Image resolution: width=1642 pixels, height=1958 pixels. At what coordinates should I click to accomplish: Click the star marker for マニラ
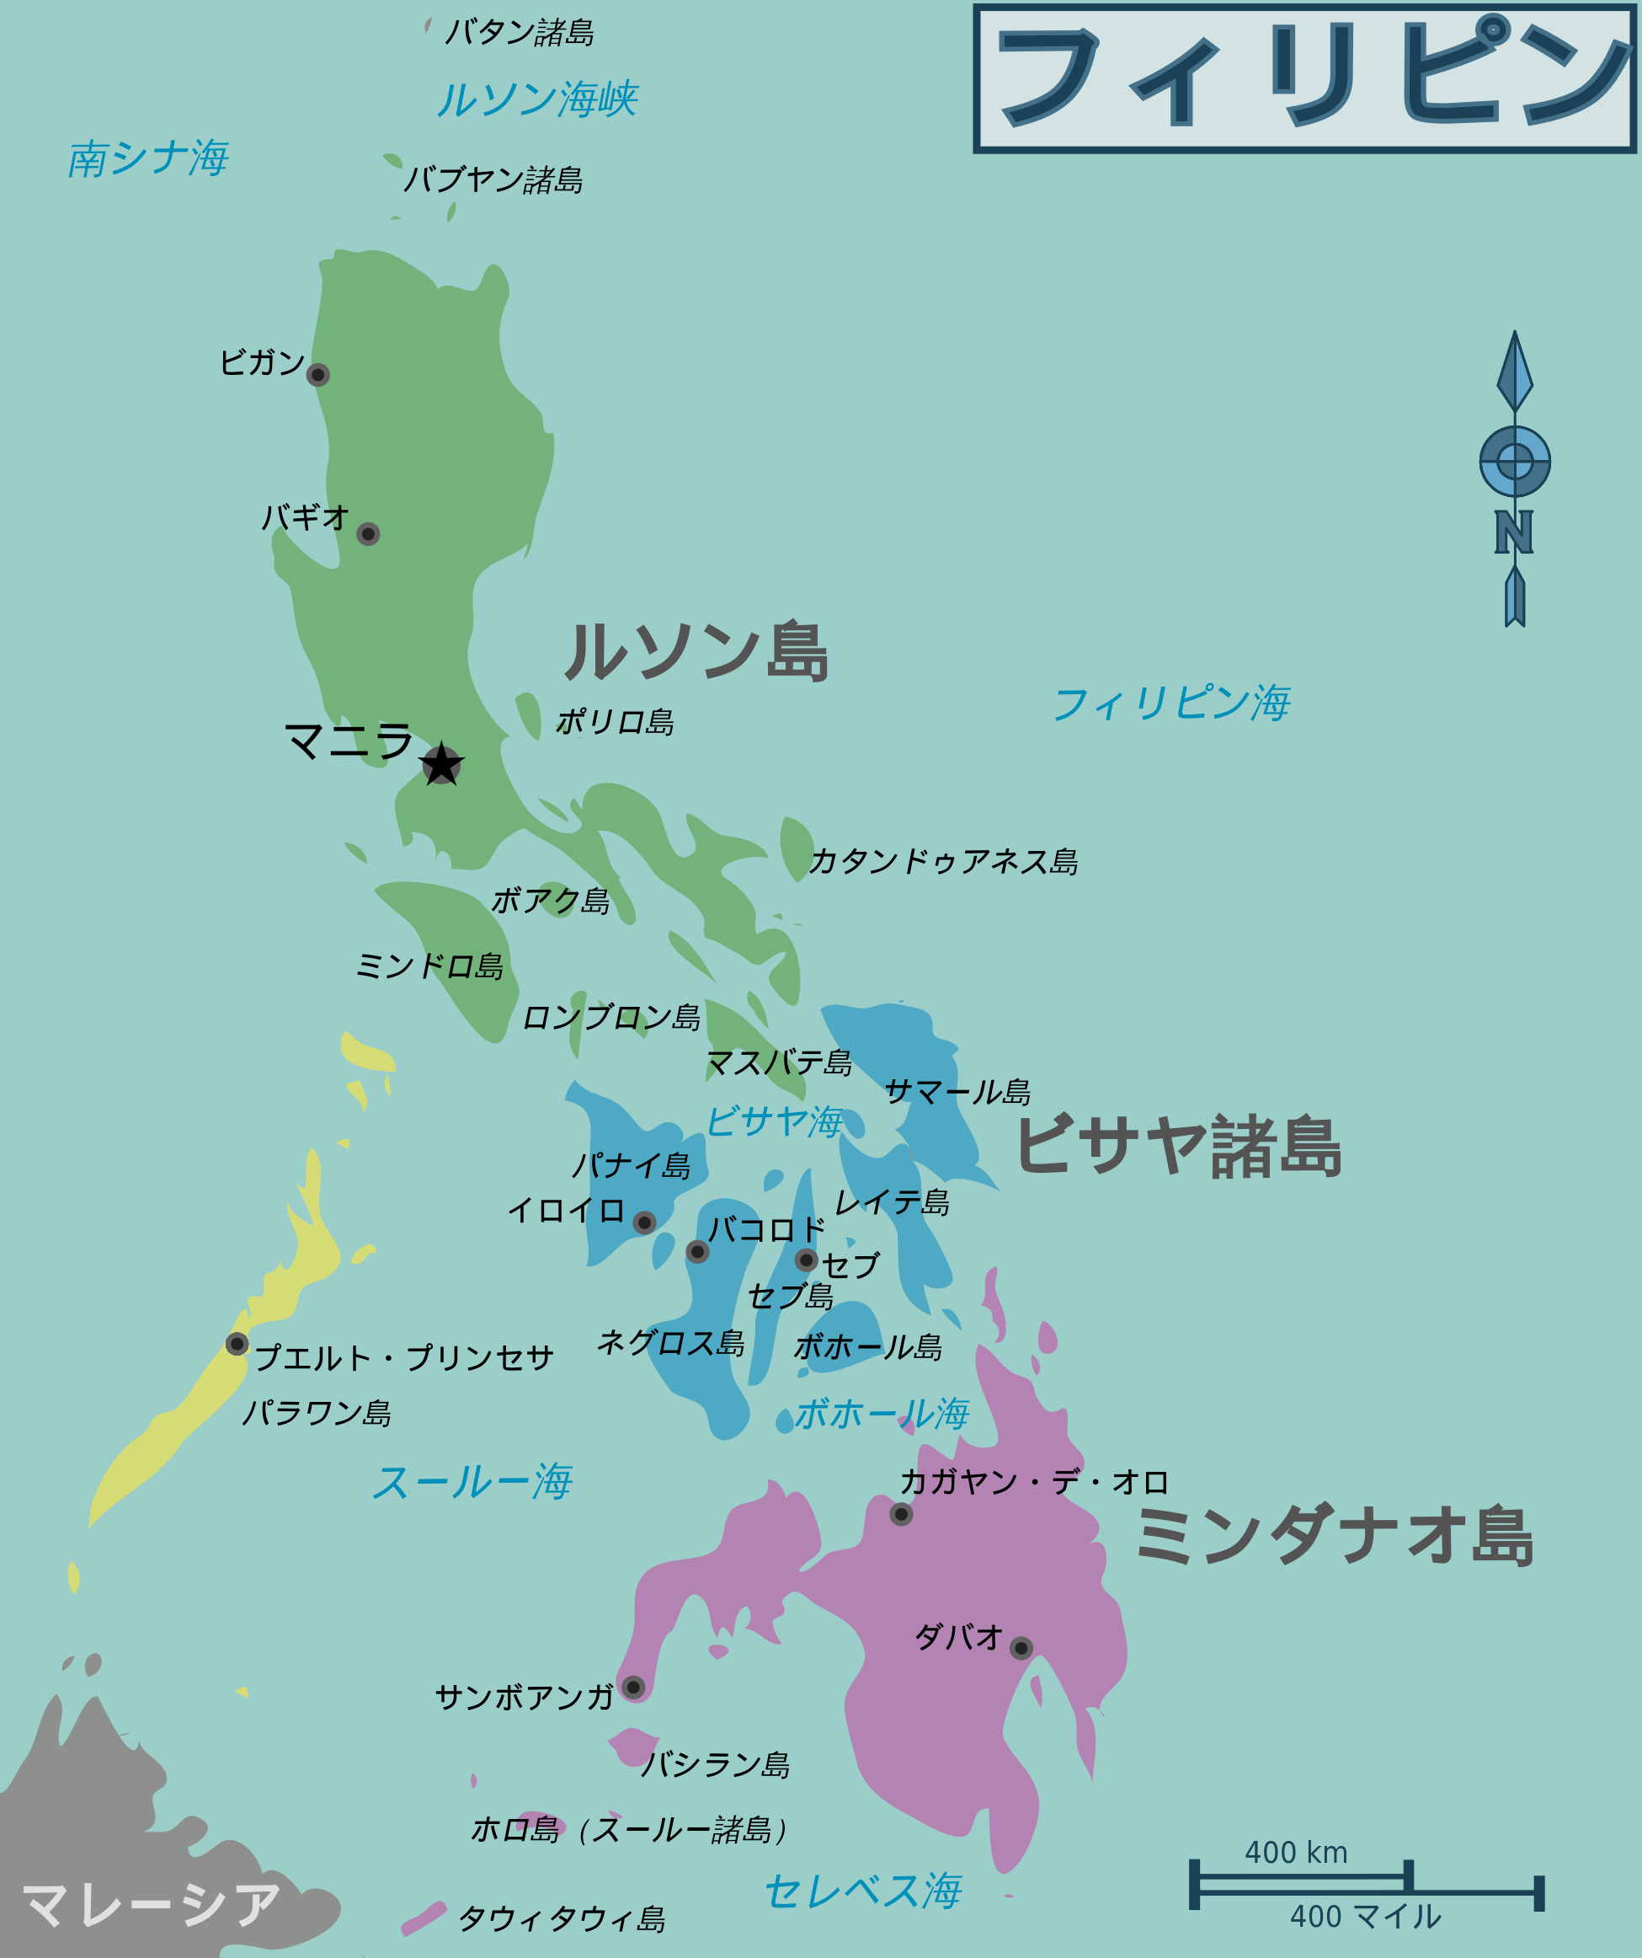pos(440,764)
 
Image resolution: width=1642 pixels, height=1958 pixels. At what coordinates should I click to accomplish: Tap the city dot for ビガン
pos(317,375)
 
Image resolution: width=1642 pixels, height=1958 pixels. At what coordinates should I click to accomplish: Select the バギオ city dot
pos(368,534)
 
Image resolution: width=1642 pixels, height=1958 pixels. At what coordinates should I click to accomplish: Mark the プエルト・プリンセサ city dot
pos(237,1344)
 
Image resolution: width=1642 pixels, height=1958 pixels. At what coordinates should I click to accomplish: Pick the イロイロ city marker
pos(644,1222)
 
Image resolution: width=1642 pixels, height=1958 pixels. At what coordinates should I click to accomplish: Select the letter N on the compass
pos(1514,532)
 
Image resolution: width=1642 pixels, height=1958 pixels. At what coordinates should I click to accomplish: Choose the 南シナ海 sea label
pos(148,158)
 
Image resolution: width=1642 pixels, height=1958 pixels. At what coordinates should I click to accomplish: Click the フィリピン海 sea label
pos(1171,703)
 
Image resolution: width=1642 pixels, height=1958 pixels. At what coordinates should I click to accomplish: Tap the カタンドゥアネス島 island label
pos(943,862)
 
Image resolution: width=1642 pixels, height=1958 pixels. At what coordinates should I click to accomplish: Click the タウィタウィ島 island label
pos(562,1919)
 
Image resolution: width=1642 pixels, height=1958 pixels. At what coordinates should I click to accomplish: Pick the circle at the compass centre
pos(1515,461)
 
